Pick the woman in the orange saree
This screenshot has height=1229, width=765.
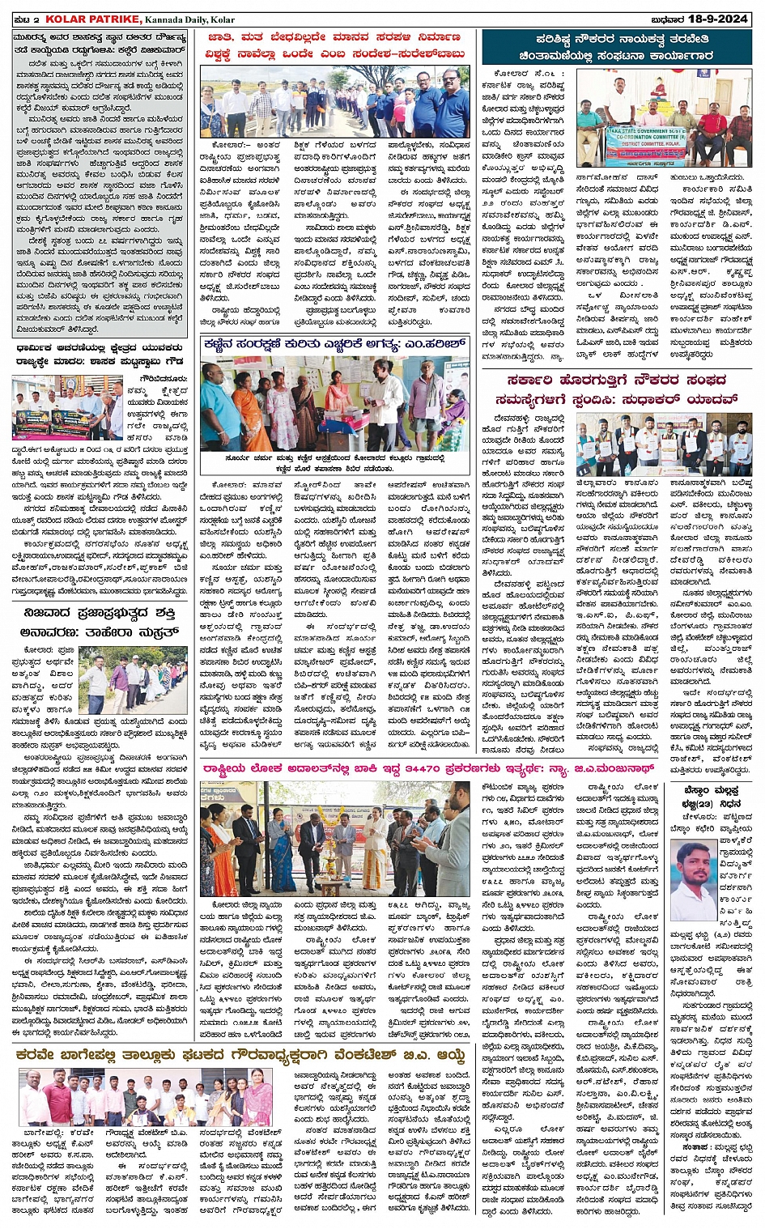point(252,402)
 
